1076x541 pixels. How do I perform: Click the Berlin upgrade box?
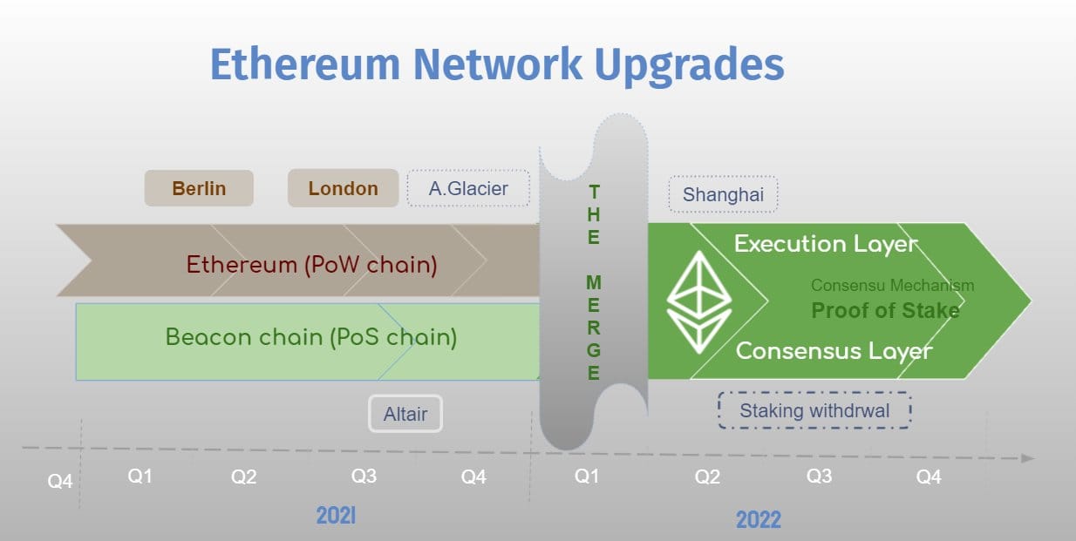(x=199, y=188)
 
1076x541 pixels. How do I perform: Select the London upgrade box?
(x=343, y=188)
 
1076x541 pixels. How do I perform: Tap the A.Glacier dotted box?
(x=468, y=188)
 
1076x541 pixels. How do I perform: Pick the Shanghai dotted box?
(x=723, y=194)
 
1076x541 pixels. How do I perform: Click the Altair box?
(x=405, y=414)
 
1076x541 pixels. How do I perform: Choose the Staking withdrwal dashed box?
(x=814, y=410)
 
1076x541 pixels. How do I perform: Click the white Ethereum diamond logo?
(x=699, y=302)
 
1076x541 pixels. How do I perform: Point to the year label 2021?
(x=336, y=516)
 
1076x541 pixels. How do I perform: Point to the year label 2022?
(x=759, y=519)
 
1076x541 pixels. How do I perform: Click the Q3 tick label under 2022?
(x=819, y=476)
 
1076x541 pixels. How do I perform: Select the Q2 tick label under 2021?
(x=243, y=477)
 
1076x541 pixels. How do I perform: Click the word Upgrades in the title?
(x=690, y=65)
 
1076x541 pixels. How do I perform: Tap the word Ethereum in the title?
(x=305, y=64)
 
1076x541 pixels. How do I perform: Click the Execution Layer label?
(x=826, y=244)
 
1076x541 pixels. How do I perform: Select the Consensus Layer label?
(x=834, y=351)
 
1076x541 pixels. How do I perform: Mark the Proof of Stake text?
(x=885, y=310)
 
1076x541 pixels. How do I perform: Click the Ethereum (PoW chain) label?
(x=312, y=265)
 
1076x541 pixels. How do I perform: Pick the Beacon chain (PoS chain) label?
(x=311, y=337)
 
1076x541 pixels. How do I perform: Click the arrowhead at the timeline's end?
(x=1028, y=458)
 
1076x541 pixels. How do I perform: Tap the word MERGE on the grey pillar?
(x=594, y=328)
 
